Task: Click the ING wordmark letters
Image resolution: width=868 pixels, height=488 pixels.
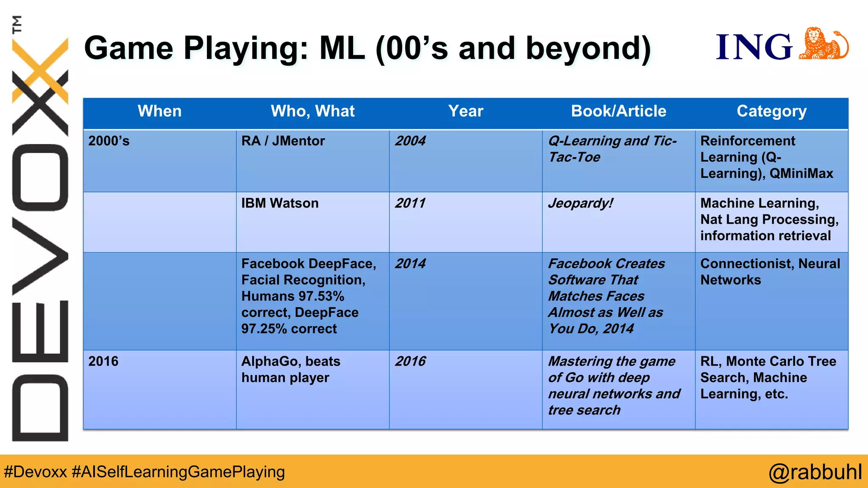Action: click(x=754, y=47)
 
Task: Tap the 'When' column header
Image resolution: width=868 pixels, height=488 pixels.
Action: click(x=159, y=111)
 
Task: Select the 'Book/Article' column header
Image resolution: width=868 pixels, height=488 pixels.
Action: click(x=618, y=111)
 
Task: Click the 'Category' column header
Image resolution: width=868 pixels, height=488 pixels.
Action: click(x=771, y=111)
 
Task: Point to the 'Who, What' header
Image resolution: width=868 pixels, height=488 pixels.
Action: click(x=312, y=111)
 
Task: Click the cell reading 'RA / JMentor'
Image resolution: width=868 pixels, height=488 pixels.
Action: click(x=283, y=141)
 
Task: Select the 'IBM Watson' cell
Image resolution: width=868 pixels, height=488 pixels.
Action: click(x=280, y=203)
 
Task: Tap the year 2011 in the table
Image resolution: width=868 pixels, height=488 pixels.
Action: click(x=410, y=203)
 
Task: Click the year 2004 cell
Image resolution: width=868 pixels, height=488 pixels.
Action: click(x=410, y=141)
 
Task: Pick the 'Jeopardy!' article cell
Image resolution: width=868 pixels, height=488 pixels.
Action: click(x=580, y=203)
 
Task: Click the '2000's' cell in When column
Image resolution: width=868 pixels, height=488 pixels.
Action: click(x=109, y=141)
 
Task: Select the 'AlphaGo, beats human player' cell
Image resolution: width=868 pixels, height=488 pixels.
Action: click(x=291, y=369)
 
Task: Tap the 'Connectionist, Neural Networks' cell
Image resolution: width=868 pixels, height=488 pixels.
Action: click(x=770, y=272)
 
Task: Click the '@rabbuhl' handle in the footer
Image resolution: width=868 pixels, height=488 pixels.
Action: click(x=815, y=472)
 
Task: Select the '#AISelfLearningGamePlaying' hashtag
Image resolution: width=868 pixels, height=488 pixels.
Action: click(x=178, y=472)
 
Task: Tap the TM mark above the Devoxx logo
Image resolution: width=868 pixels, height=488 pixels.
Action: click(x=17, y=24)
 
